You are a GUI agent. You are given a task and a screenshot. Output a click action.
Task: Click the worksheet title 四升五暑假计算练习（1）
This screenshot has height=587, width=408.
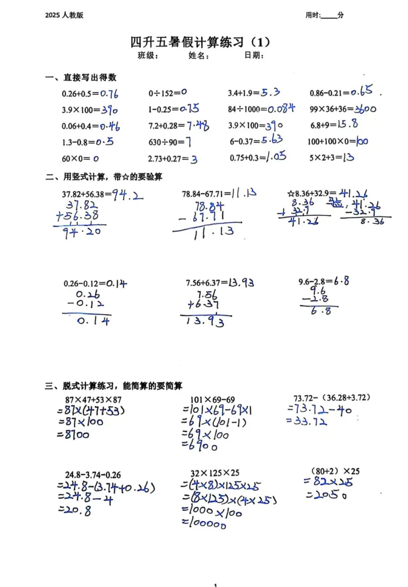pyautogui.click(x=200, y=42)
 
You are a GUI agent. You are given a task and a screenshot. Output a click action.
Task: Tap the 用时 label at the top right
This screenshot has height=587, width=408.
pyautogui.click(x=313, y=15)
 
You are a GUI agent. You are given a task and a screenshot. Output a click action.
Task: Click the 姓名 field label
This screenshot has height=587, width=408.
pyautogui.click(x=198, y=56)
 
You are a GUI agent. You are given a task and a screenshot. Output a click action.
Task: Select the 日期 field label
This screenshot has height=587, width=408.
pyautogui.click(x=253, y=56)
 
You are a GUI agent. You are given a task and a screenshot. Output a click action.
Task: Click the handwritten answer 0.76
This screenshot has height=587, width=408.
pyautogui.click(x=109, y=93)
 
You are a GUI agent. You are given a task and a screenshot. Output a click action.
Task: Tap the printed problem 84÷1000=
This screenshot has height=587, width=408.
pyautogui.click(x=247, y=110)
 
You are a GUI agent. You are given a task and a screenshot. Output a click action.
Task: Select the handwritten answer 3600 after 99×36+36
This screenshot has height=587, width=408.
pyautogui.click(x=365, y=109)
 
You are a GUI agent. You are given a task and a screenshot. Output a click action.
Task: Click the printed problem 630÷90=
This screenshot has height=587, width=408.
pyautogui.click(x=166, y=142)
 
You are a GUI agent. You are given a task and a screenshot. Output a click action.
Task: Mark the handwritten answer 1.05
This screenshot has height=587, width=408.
pyautogui.click(x=276, y=156)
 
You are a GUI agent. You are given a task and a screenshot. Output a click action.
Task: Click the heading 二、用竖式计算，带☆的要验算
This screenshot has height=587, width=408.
pyautogui.click(x=104, y=177)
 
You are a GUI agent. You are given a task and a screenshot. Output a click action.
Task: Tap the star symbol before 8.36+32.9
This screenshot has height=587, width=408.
pyautogui.click(x=291, y=194)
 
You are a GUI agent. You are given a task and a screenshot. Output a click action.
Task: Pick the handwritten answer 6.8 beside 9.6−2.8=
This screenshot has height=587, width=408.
pyautogui.click(x=342, y=281)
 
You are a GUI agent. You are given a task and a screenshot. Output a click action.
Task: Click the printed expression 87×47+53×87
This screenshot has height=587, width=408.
pyautogui.click(x=93, y=400)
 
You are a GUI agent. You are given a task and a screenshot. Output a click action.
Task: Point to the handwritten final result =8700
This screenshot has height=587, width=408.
pyautogui.click(x=73, y=435)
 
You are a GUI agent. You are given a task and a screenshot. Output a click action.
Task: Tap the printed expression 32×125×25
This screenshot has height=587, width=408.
pyautogui.click(x=215, y=473)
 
